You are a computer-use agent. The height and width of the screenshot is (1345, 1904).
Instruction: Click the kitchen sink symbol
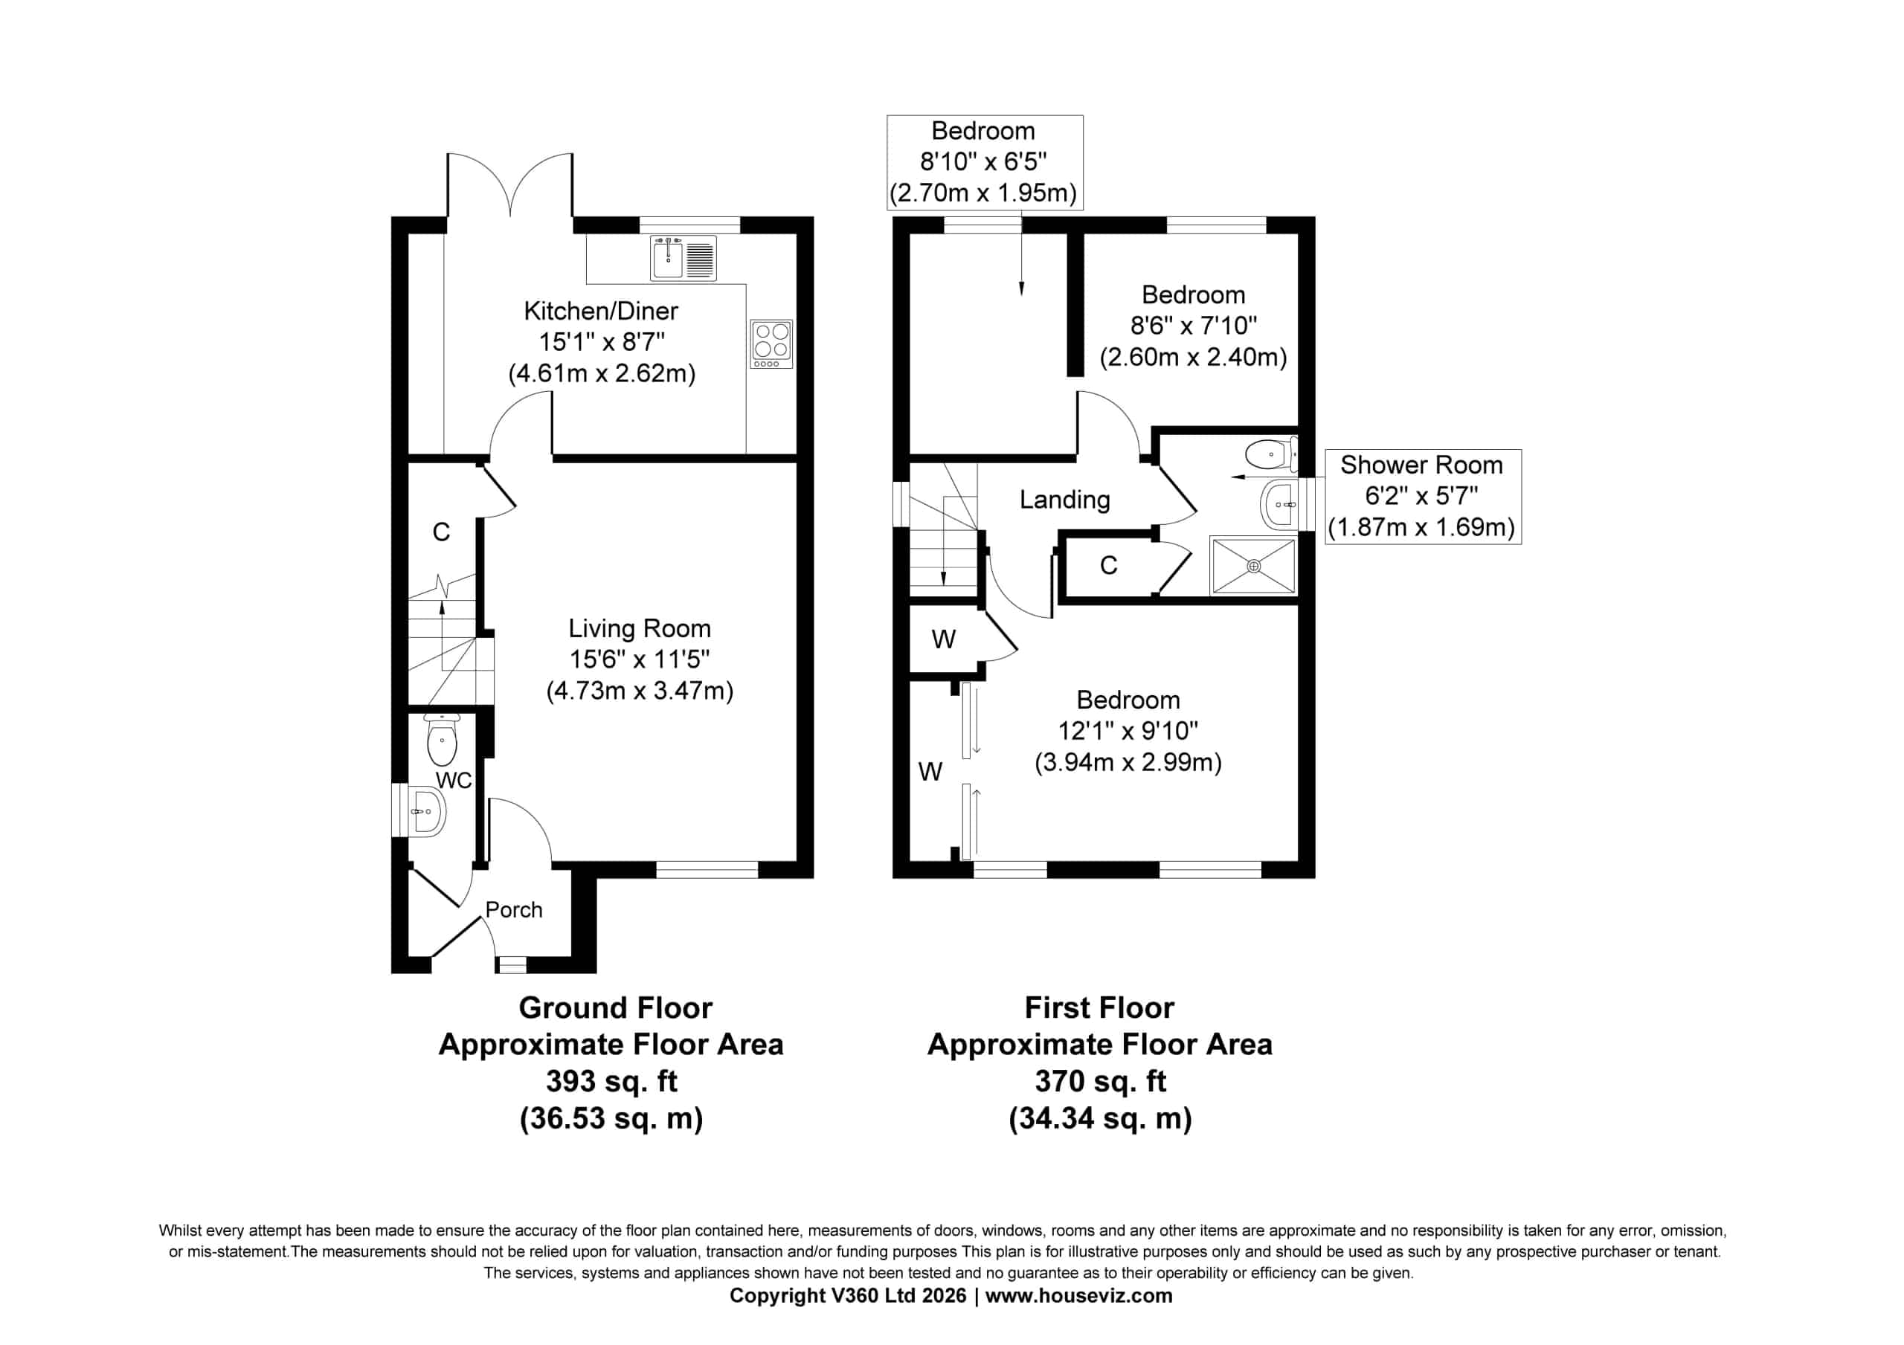(684, 258)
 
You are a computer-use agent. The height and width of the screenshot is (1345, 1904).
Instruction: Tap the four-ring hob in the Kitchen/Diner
(771, 344)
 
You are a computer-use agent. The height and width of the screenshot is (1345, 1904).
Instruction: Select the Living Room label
(640, 628)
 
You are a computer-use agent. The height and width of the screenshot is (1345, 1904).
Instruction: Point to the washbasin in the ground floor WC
(428, 811)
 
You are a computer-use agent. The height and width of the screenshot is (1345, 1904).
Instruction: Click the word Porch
(514, 909)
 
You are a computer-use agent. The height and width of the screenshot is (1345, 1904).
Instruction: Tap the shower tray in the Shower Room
(1253, 566)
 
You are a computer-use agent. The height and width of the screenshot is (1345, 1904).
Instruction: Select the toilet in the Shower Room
(1270, 454)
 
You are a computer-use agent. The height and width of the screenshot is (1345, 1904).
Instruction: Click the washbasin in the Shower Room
(1279, 504)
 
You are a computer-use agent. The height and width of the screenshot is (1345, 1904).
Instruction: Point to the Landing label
(1065, 499)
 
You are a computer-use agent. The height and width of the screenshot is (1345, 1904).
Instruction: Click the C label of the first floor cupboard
(1109, 566)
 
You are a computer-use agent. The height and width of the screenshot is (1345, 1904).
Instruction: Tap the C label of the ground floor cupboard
(441, 532)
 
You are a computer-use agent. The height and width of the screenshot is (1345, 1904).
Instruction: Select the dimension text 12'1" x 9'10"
(1128, 731)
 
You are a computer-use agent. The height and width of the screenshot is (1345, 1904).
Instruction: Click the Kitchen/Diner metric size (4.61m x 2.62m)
(602, 373)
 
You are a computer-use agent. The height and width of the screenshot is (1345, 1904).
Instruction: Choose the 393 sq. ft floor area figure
(611, 1081)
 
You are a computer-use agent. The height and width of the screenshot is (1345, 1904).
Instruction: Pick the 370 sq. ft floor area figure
(1101, 1081)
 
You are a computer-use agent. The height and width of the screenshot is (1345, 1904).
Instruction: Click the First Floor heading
(1099, 1007)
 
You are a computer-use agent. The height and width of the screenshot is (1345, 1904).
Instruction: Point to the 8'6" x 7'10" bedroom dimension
(1193, 326)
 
